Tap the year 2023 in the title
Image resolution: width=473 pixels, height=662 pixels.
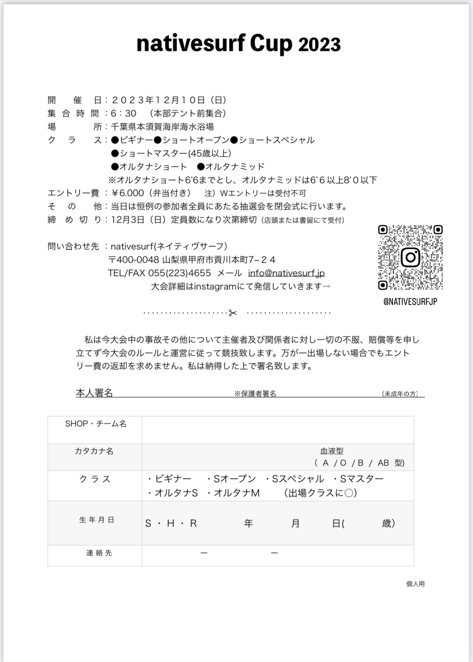319,45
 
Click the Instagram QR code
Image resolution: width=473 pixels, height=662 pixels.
410,257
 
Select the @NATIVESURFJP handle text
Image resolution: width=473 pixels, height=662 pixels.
410,302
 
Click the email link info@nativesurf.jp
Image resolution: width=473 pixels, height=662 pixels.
286,273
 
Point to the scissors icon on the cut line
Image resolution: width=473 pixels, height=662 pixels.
232,313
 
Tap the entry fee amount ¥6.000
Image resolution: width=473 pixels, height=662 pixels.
127,193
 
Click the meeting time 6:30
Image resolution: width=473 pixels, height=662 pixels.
124,113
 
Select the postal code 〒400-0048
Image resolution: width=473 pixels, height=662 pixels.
133,259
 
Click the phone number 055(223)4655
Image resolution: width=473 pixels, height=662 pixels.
179,273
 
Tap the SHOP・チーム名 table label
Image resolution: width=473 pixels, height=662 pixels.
96,424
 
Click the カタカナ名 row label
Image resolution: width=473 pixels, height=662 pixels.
94,451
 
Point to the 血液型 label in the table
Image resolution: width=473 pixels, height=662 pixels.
332,451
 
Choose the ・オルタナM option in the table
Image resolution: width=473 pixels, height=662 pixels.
233,493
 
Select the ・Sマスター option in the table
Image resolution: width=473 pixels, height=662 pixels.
358,479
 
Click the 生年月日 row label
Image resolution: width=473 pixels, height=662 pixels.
97,520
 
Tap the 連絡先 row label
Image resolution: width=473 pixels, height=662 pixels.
99,553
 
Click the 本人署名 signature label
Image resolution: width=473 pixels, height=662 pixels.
94,393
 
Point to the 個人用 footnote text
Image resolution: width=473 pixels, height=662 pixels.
415,584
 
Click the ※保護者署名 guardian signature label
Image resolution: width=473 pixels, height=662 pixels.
255,394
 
